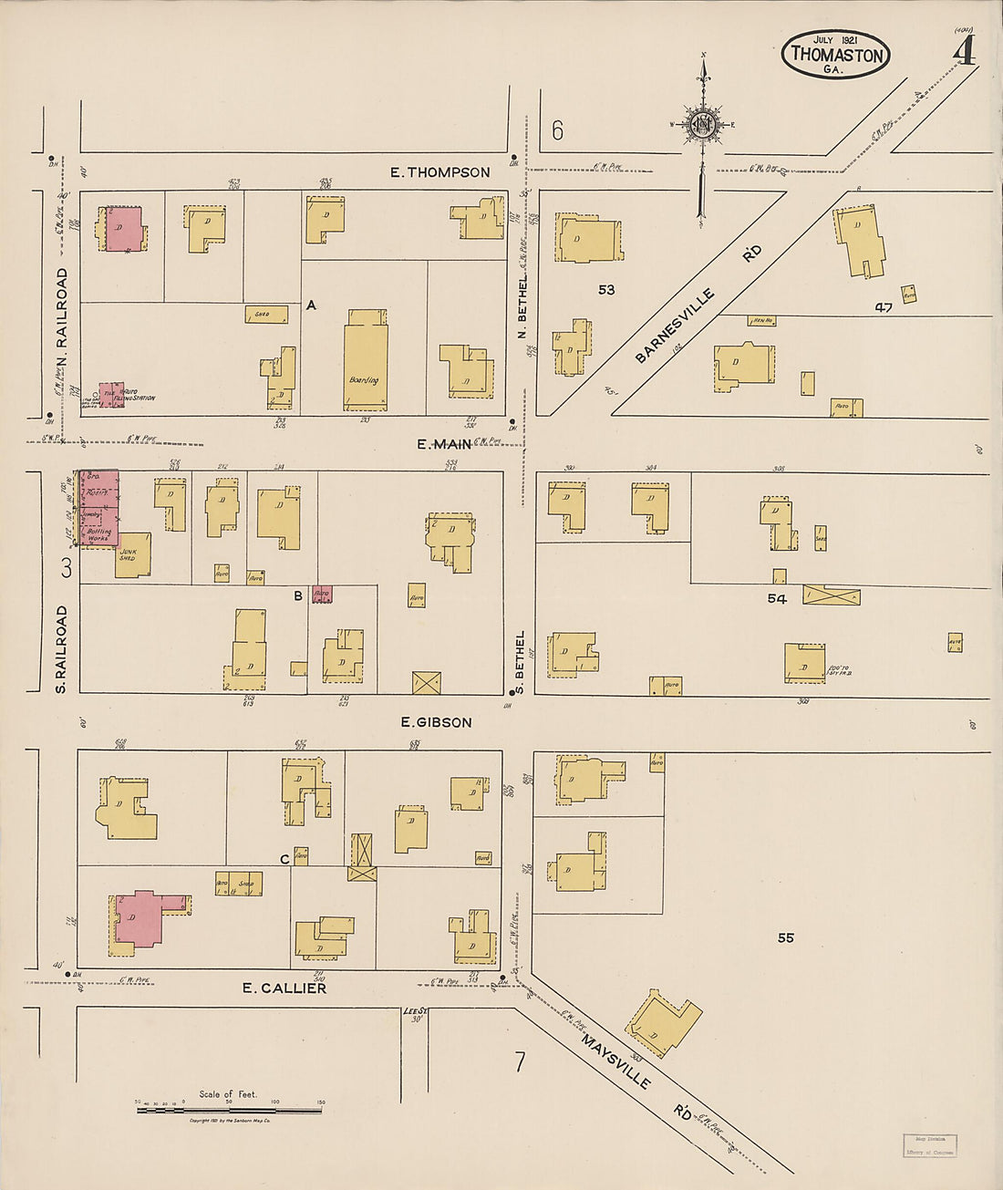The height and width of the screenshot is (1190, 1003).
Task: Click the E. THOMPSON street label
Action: pos(439,171)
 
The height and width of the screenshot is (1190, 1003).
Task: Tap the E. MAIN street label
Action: pos(444,444)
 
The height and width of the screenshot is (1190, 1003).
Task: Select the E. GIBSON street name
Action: pos(437,722)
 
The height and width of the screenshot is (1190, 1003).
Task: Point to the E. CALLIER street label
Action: pos(284,988)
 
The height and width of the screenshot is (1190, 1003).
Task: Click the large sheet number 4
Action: pos(963,52)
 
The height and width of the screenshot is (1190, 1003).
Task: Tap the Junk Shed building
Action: pos(133,554)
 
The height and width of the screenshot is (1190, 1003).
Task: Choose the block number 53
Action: pos(606,290)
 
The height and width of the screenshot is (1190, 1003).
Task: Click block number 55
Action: pos(785,937)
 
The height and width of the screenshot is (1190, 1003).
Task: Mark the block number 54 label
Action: pos(777,598)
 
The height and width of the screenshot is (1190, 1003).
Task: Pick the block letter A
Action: pos(311,305)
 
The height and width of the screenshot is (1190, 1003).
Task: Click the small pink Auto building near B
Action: pos(322,594)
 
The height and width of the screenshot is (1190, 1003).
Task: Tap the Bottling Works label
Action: pos(98,533)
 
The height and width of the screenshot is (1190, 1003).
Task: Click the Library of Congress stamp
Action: pos(929,1145)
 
